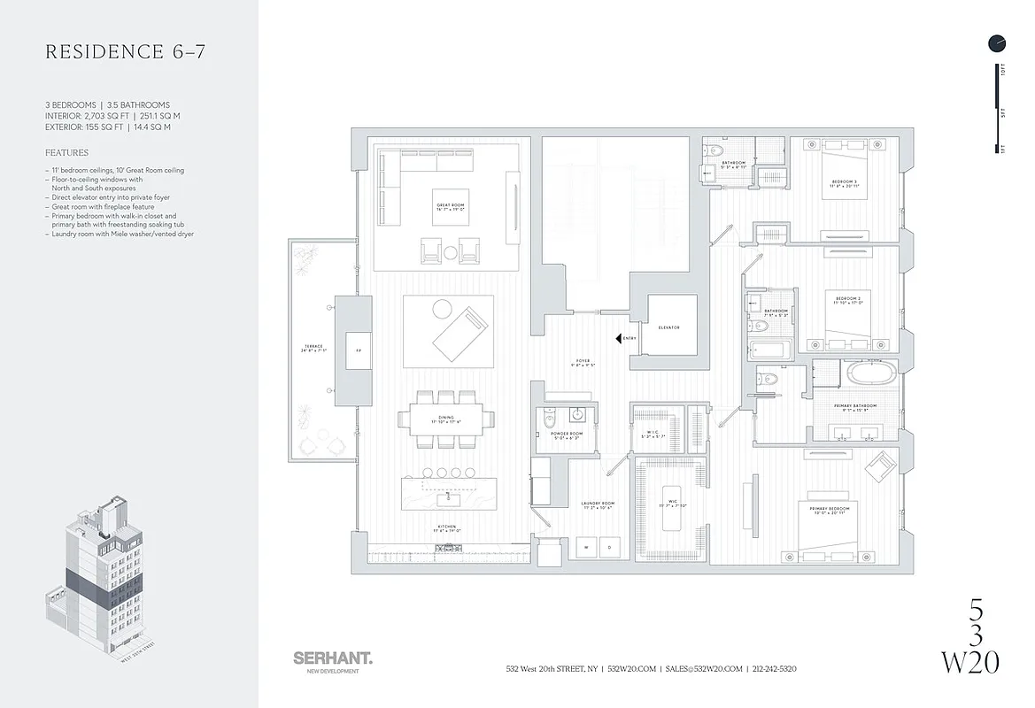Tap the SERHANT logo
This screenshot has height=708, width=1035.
coord(332,658)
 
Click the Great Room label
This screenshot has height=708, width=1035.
coord(451,208)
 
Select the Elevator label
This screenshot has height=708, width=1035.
coord(669,327)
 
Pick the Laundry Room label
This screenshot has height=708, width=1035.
coord(599,505)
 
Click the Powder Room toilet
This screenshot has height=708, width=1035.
coord(548,415)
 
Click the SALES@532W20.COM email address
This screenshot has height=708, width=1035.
coord(705,669)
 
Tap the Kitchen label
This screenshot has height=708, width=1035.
coord(447,528)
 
